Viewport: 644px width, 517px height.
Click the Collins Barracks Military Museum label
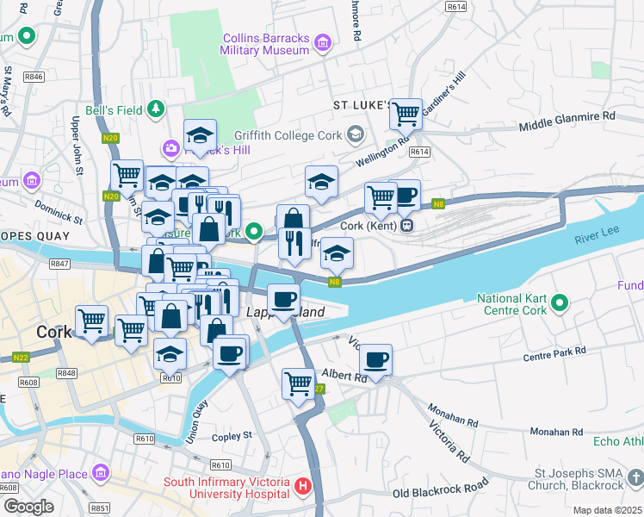[x=265, y=44]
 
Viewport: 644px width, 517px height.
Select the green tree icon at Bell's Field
[x=155, y=109]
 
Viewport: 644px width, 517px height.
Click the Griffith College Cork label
[x=293, y=134]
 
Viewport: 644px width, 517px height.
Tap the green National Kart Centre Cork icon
[x=560, y=302]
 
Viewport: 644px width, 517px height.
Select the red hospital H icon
[x=302, y=487]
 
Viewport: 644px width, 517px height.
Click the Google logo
[x=28, y=507]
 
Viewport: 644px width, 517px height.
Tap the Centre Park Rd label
[x=554, y=353]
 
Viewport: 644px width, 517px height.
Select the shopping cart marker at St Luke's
[x=406, y=113]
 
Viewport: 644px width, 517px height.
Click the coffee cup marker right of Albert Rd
[x=375, y=359]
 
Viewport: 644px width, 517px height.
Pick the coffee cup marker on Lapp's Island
[x=283, y=300]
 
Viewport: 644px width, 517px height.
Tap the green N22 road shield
[x=22, y=357]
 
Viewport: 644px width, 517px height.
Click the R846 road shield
[x=34, y=77]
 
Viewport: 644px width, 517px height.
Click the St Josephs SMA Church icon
[x=634, y=476]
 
